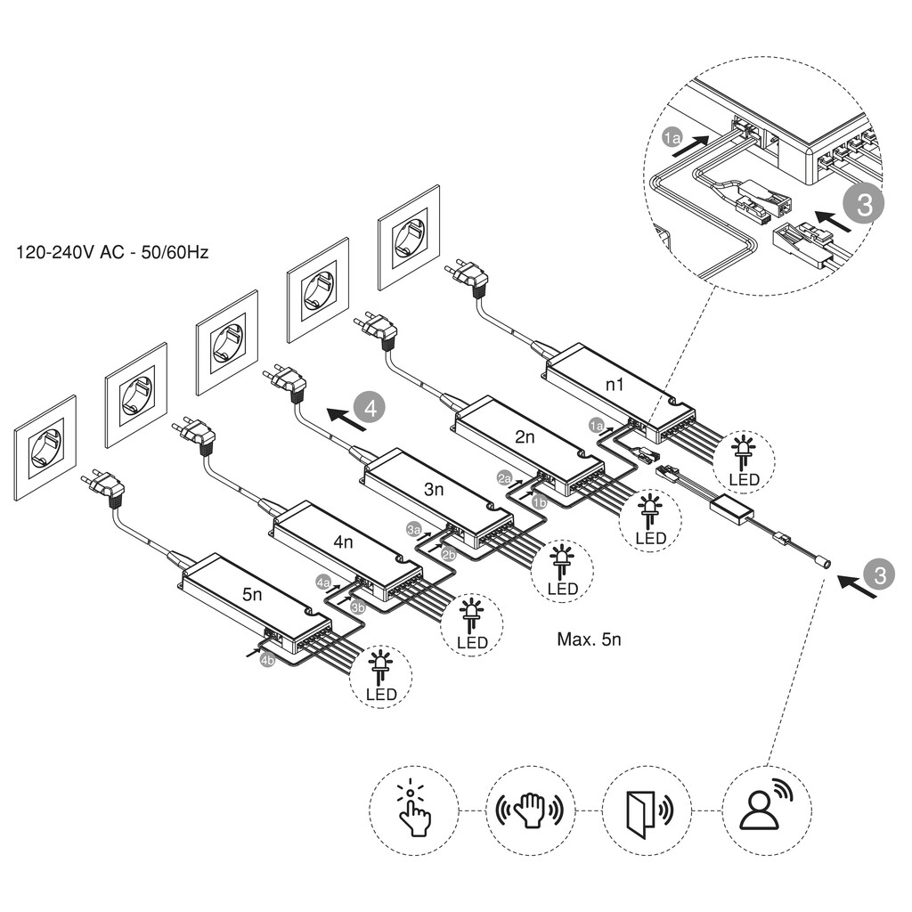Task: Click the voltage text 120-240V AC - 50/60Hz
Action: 112,253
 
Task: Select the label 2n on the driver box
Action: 524,436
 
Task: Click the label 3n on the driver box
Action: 434,489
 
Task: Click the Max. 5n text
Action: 588,639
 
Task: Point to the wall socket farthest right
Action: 409,237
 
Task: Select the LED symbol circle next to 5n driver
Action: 381,675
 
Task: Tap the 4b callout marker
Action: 266,661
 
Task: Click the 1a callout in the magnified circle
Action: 672,138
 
